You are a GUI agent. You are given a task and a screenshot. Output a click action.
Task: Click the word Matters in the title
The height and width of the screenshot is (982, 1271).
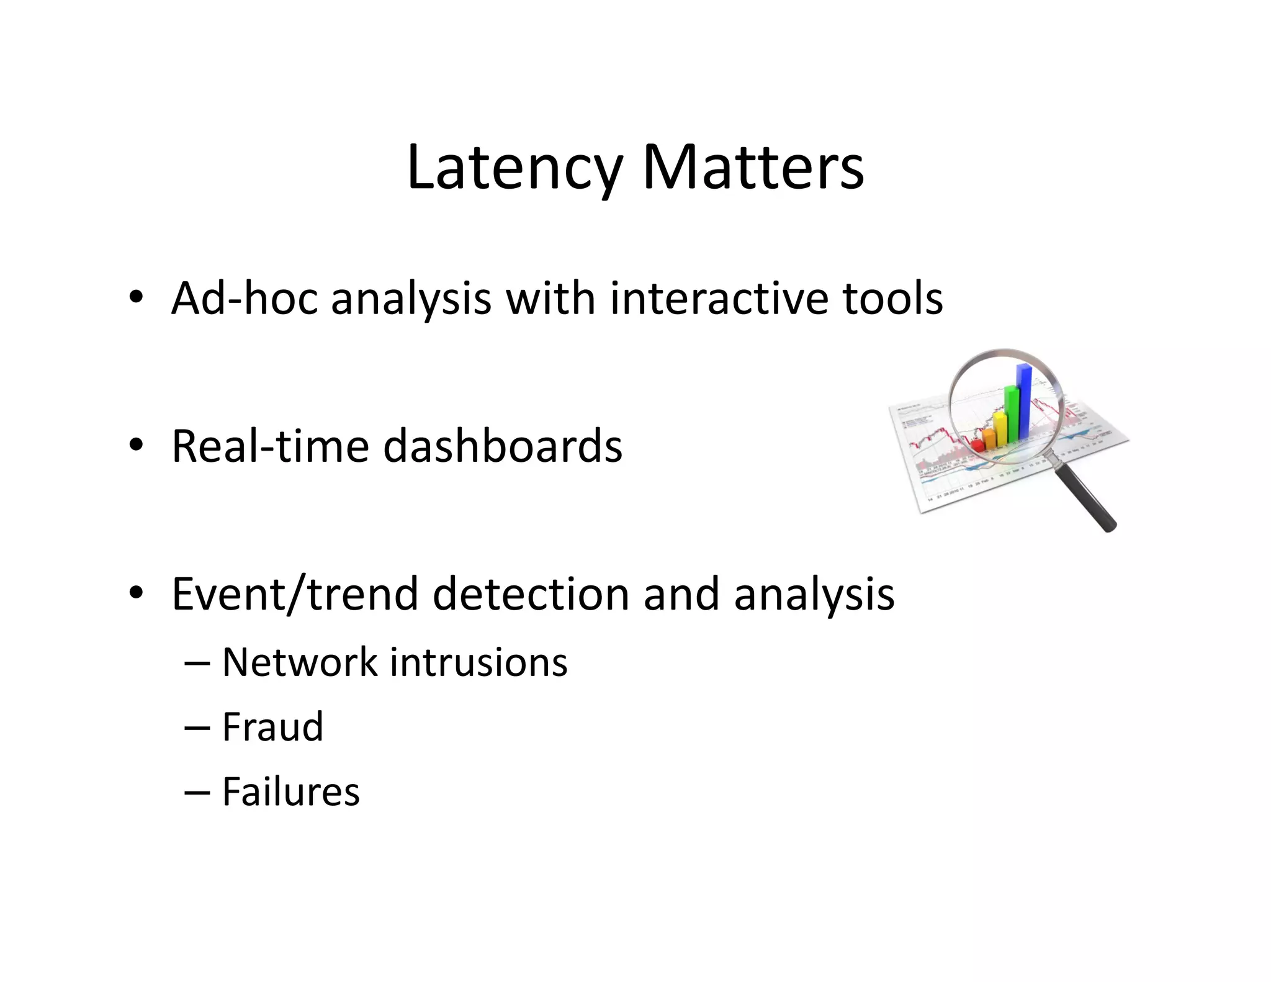[x=753, y=169]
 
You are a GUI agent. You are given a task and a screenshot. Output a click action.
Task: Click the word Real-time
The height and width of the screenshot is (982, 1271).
[x=270, y=446]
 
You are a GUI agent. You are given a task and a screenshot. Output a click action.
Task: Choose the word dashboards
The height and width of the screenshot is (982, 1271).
[x=502, y=446]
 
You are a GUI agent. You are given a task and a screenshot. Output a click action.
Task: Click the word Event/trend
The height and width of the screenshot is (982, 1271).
[x=294, y=594]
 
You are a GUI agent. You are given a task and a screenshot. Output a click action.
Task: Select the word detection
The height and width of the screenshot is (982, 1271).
[x=531, y=594]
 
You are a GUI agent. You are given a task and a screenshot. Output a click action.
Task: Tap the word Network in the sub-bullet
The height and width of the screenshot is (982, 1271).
[x=299, y=662]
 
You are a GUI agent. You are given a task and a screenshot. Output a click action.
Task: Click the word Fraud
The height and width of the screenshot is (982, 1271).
[x=272, y=727]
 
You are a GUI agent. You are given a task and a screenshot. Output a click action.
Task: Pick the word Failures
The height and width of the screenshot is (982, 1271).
[x=290, y=792]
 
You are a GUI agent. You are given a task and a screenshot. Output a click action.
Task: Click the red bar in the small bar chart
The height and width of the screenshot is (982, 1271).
[x=977, y=445]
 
